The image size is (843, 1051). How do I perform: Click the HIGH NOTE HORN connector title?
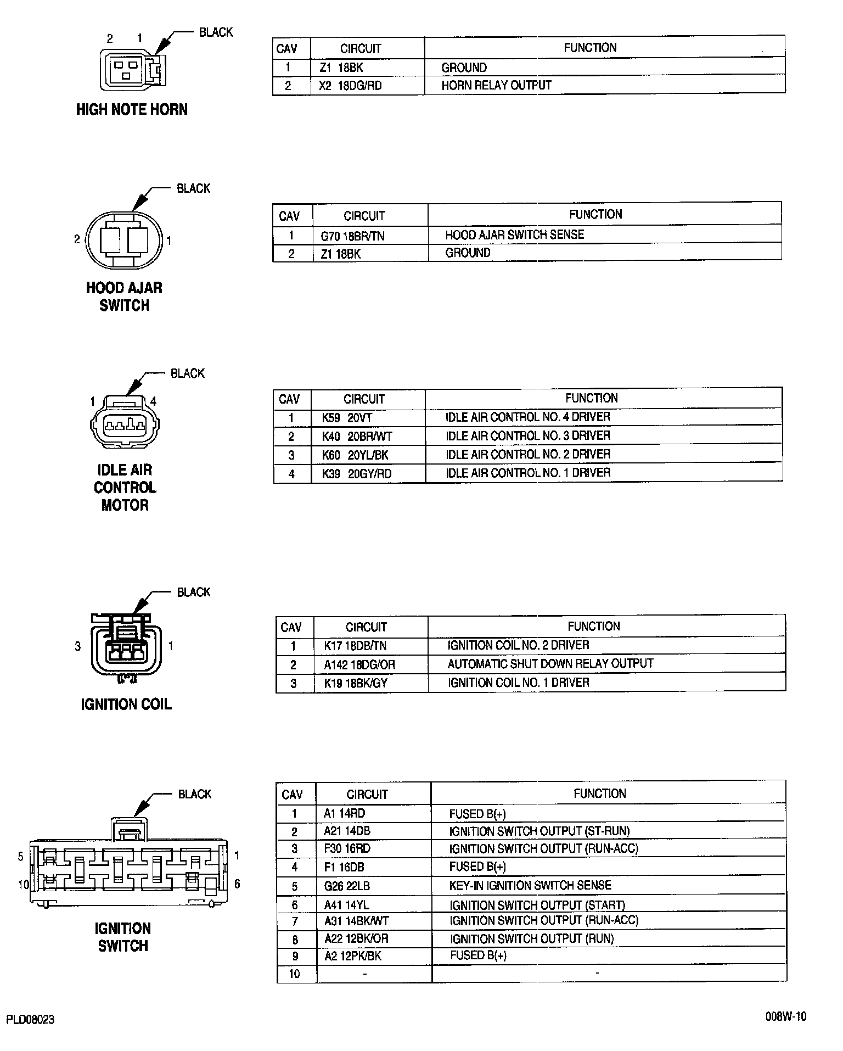(132, 110)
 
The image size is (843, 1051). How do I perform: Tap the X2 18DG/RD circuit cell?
(351, 86)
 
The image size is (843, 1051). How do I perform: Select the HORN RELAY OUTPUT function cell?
(496, 86)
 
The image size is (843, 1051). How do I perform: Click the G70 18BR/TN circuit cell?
(352, 236)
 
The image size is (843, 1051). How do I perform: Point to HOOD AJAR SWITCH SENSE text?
(514, 235)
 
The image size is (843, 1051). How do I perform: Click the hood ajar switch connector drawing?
(124, 240)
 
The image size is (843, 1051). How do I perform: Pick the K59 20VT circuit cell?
(347, 418)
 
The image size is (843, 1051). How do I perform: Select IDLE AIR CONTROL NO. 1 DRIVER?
(527, 473)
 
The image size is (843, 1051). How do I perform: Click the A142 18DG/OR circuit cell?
(359, 665)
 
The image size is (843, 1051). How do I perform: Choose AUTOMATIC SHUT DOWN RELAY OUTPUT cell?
(550, 664)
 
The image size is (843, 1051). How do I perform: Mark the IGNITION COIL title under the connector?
(126, 705)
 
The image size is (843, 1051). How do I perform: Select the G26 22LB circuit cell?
(343, 886)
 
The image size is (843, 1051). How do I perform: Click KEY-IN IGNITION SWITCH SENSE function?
(530, 885)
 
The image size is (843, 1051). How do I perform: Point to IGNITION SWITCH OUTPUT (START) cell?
(537, 905)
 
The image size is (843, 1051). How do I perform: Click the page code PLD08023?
(30, 1020)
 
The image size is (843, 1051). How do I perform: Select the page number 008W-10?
(786, 1016)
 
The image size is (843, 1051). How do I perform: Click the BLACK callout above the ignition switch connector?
(194, 795)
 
